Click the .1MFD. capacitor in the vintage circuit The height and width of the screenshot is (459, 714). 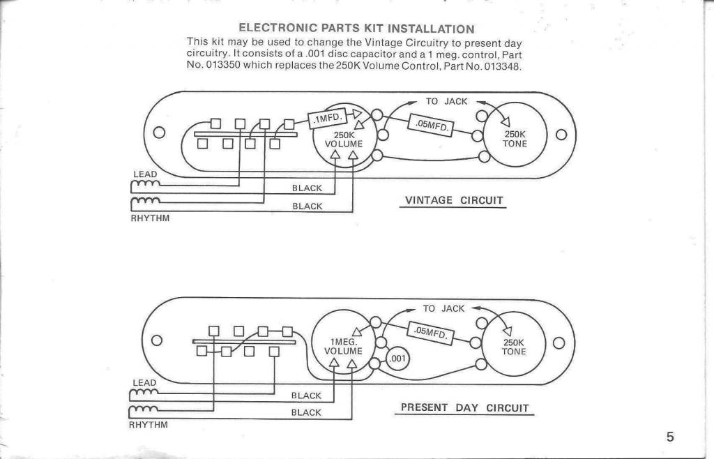coord(328,119)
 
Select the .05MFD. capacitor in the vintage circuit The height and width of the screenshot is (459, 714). coord(431,125)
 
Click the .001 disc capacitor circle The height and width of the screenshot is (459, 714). coord(397,359)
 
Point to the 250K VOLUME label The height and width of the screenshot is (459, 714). coord(344,140)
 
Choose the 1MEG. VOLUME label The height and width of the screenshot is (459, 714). coord(343,347)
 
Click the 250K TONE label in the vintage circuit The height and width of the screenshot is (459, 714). coord(515,139)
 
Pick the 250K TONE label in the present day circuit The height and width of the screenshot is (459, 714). coord(514,347)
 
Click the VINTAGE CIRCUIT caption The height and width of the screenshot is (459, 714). coord(454,200)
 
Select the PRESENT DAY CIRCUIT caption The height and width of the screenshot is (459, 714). coord(464,407)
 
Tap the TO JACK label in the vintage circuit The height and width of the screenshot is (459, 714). coord(446,102)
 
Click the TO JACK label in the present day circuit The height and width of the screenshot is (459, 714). coord(443,309)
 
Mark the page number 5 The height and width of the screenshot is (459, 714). coord(670,437)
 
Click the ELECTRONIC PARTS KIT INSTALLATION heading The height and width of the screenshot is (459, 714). coord(356,28)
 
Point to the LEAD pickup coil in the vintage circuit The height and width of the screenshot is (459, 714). coord(145,185)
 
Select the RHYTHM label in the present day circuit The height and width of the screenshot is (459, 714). coord(149,425)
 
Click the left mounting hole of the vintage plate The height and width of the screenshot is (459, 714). coord(159,133)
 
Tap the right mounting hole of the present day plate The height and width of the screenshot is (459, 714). coord(559,343)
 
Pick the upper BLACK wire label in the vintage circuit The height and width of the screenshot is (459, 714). coord(307,188)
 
